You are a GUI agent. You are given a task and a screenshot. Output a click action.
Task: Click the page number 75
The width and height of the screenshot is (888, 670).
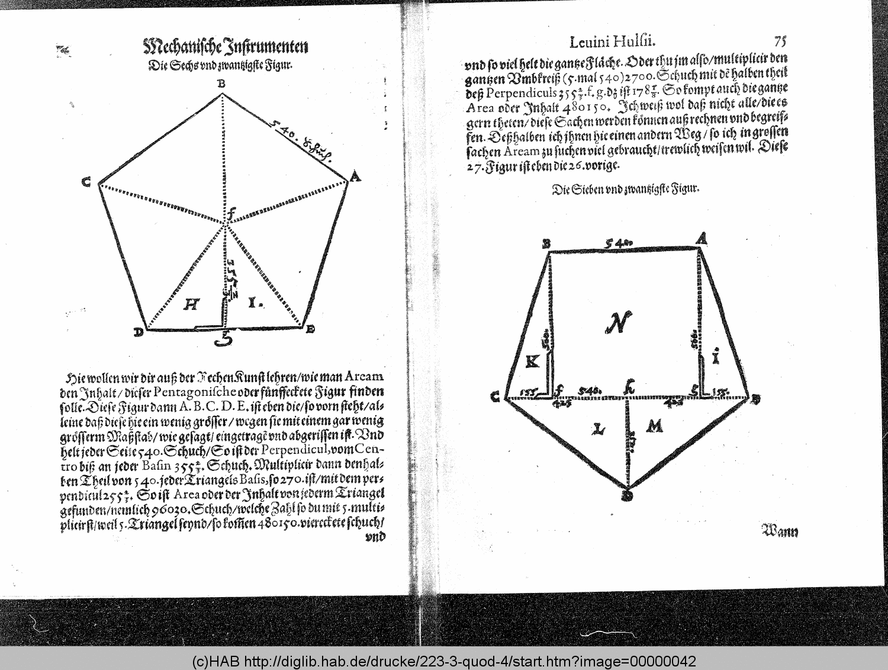click(x=779, y=41)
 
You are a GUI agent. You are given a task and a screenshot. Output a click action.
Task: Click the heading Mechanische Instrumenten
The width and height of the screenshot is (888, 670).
click(x=226, y=46)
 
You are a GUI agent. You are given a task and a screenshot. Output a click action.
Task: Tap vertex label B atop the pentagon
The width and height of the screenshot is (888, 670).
click(x=221, y=84)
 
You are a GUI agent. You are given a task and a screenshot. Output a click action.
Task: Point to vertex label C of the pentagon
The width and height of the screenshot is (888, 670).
click(x=86, y=182)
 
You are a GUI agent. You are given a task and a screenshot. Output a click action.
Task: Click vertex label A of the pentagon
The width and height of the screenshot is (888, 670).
click(x=355, y=176)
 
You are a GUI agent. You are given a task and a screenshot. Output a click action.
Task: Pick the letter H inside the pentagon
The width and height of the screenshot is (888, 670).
click(x=191, y=304)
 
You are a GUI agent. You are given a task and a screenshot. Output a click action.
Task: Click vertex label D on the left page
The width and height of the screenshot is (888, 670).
click(x=138, y=332)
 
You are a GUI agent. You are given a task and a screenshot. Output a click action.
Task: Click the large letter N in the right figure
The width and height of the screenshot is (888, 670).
click(x=619, y=322)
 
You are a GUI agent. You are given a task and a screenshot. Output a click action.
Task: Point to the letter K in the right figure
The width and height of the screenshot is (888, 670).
click(x=532, y=360)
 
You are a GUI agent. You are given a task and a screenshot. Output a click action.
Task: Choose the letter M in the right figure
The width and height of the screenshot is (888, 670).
click(x=654, y=426)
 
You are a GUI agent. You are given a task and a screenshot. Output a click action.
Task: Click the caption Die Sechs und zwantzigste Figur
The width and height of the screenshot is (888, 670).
click(x=221, y=65)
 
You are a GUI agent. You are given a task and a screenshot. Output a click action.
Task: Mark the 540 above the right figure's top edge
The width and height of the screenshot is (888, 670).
click(x=617, y=242)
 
